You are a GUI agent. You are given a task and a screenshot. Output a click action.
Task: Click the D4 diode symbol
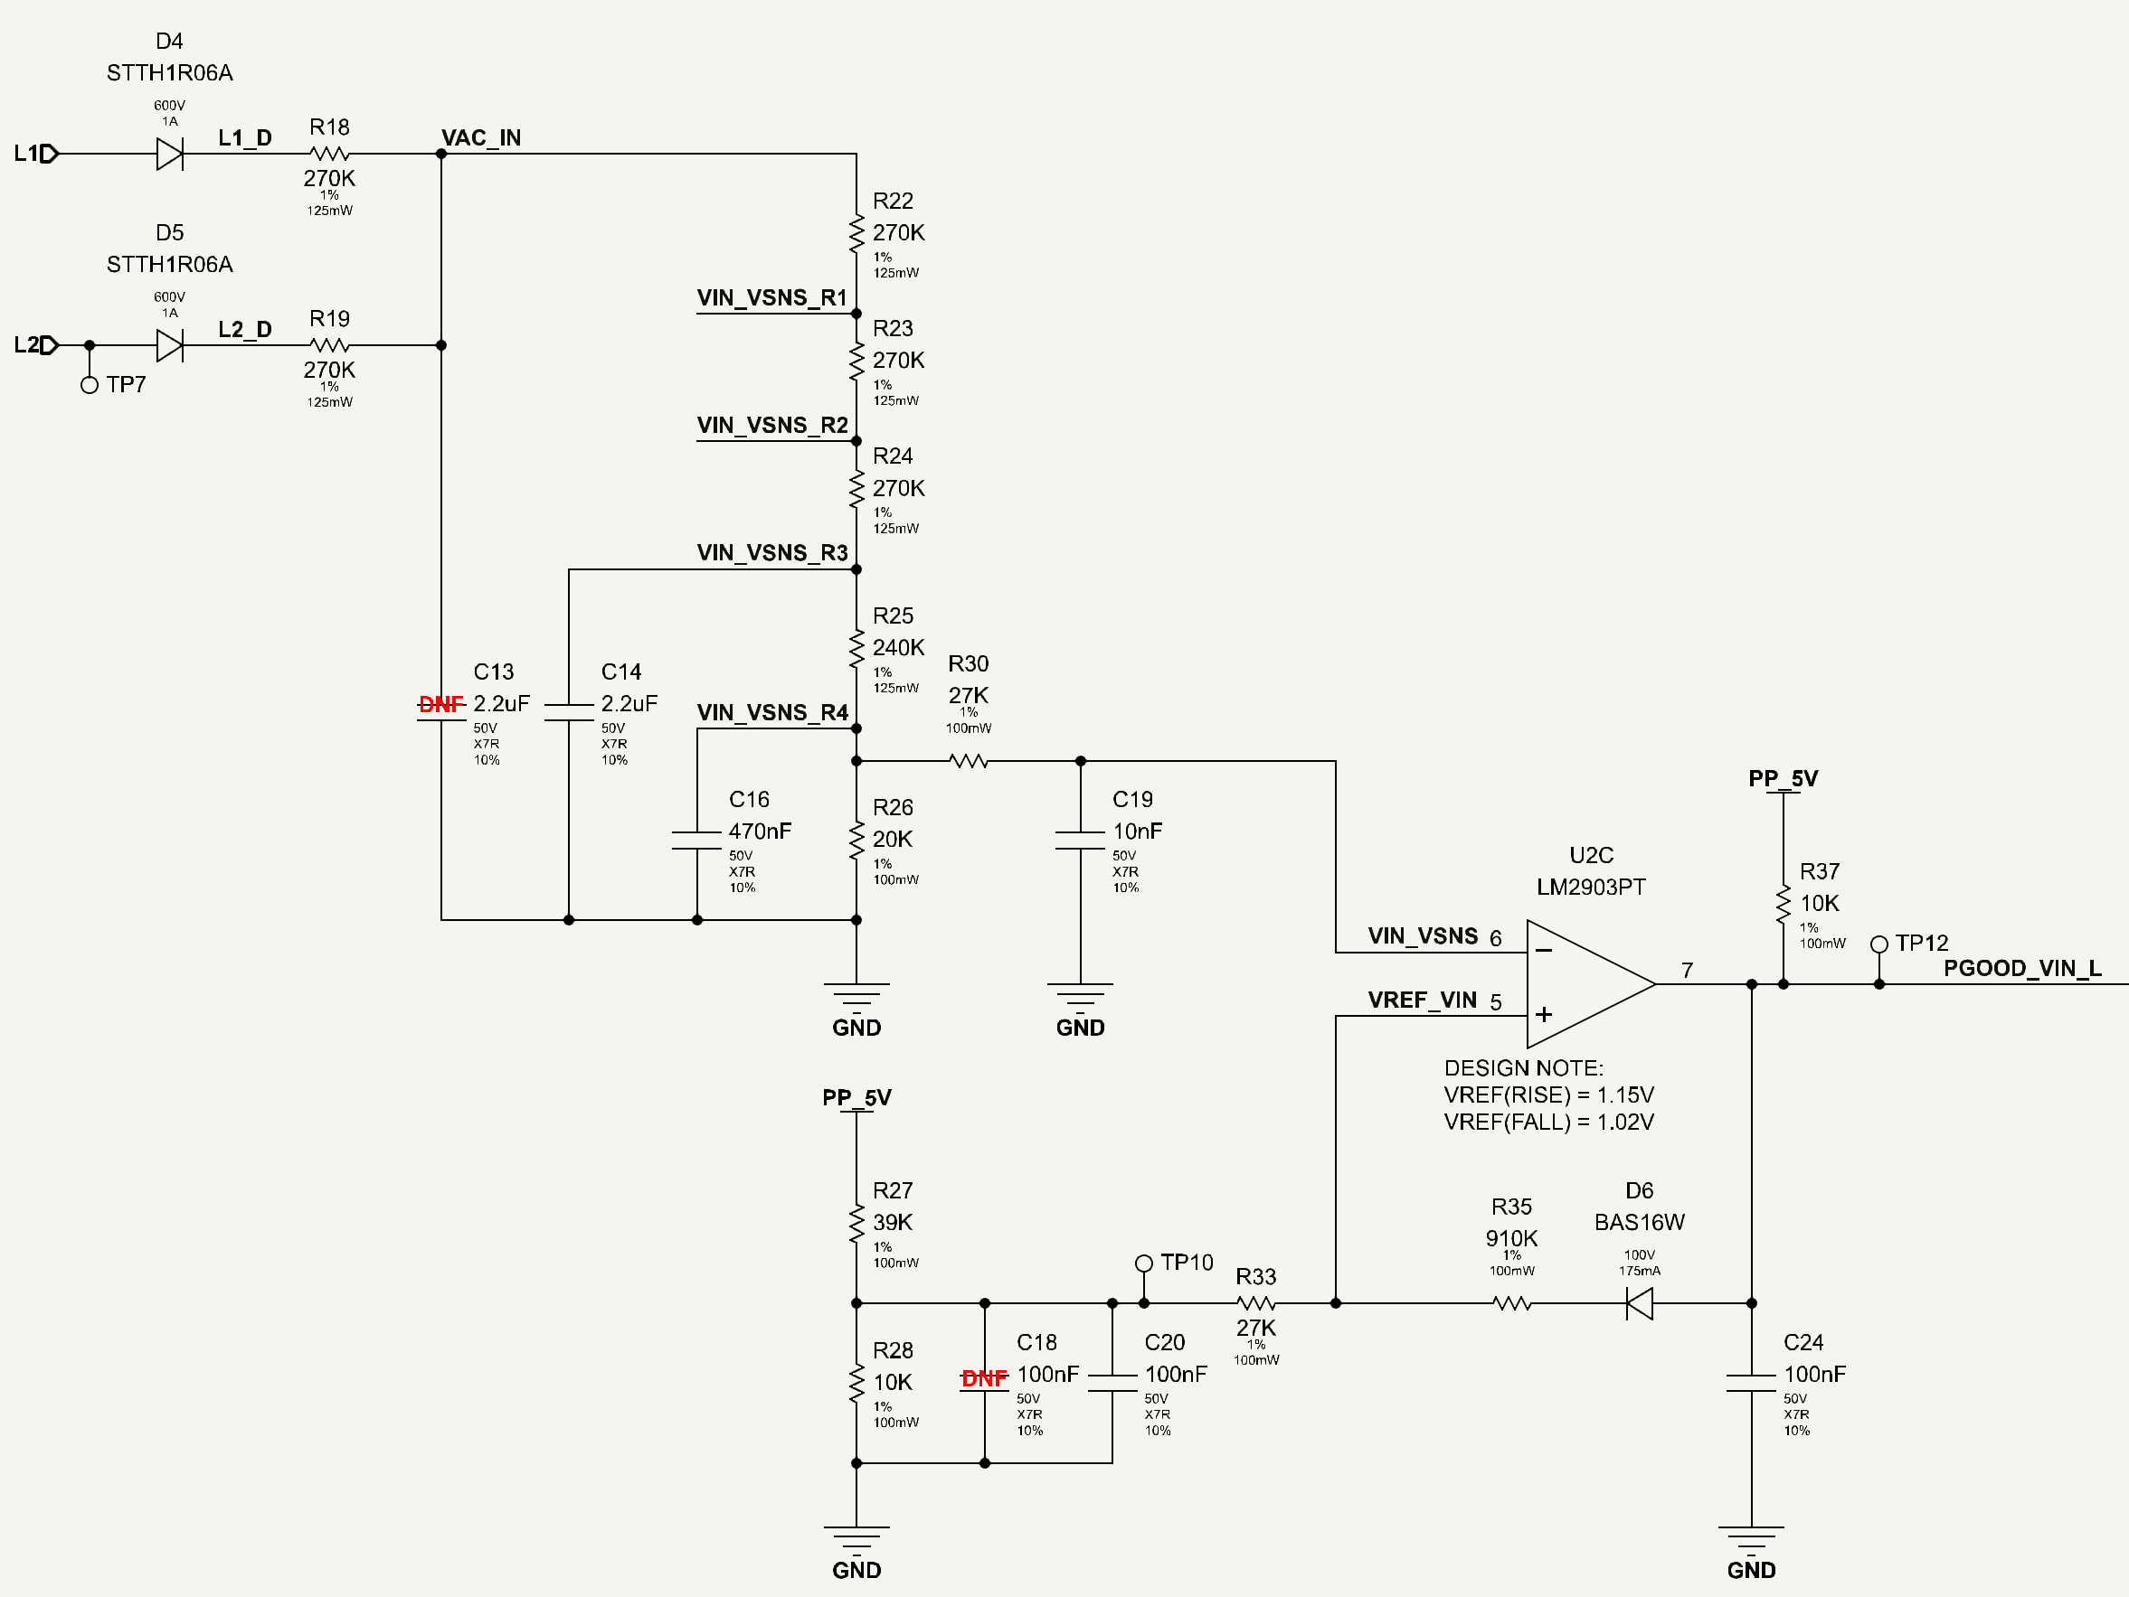point(169,153)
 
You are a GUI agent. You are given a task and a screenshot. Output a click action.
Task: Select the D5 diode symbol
point(169,344)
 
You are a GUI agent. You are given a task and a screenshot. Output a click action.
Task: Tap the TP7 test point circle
point(90,385)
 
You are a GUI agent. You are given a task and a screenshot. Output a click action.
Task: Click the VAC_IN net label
point(481,137)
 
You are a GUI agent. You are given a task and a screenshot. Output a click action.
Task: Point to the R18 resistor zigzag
point(329,153)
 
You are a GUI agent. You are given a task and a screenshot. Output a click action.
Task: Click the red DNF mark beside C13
point(440,704)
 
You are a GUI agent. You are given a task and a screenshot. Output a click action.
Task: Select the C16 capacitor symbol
point(696,840)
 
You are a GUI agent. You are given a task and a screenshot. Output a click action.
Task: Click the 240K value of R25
point(898,647)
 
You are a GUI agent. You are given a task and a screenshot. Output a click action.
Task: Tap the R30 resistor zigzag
point(969,761)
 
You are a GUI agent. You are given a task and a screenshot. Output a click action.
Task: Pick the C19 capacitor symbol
point(1080,840)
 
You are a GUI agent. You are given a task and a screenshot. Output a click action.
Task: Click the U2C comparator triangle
point(1590,983)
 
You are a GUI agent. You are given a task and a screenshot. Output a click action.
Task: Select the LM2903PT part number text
point(1591,887)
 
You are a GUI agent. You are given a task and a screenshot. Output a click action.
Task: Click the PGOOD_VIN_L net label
point(2022,968)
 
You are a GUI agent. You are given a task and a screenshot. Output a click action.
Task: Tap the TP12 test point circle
point(1878,944)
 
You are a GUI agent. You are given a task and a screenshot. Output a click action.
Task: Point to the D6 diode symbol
point(1639,1303)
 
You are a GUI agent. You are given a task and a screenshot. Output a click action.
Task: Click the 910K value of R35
point(1511,1238)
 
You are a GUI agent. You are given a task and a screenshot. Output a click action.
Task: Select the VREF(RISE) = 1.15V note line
point(1548,1094)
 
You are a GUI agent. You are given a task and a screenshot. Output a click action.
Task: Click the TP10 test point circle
point(1143,1264)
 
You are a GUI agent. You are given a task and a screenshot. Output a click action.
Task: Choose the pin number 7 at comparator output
point(1688,970)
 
